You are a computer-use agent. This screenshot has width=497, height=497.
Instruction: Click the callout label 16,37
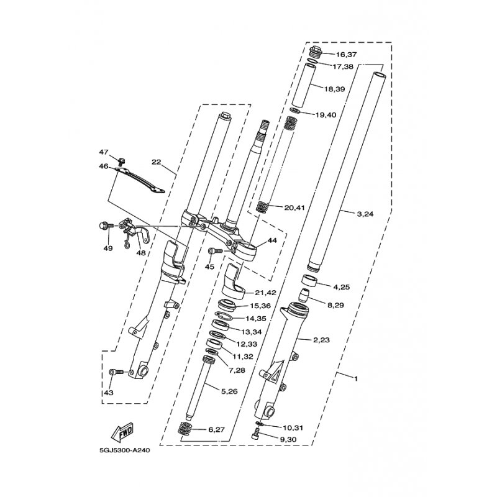347,55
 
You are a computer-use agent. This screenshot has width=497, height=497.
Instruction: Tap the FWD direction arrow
122,433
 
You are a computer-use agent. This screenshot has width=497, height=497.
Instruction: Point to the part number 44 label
272,240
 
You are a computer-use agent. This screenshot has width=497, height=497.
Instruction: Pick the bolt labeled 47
121,162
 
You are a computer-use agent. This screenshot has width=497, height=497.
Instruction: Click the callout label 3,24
365,214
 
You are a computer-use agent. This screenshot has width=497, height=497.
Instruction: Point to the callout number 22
157,162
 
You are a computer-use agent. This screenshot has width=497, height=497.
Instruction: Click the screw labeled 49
106,226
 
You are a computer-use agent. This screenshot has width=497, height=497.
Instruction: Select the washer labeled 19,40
295,111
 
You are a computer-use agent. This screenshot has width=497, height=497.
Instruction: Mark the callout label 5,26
229,392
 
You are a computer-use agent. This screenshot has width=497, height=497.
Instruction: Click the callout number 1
356,378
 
